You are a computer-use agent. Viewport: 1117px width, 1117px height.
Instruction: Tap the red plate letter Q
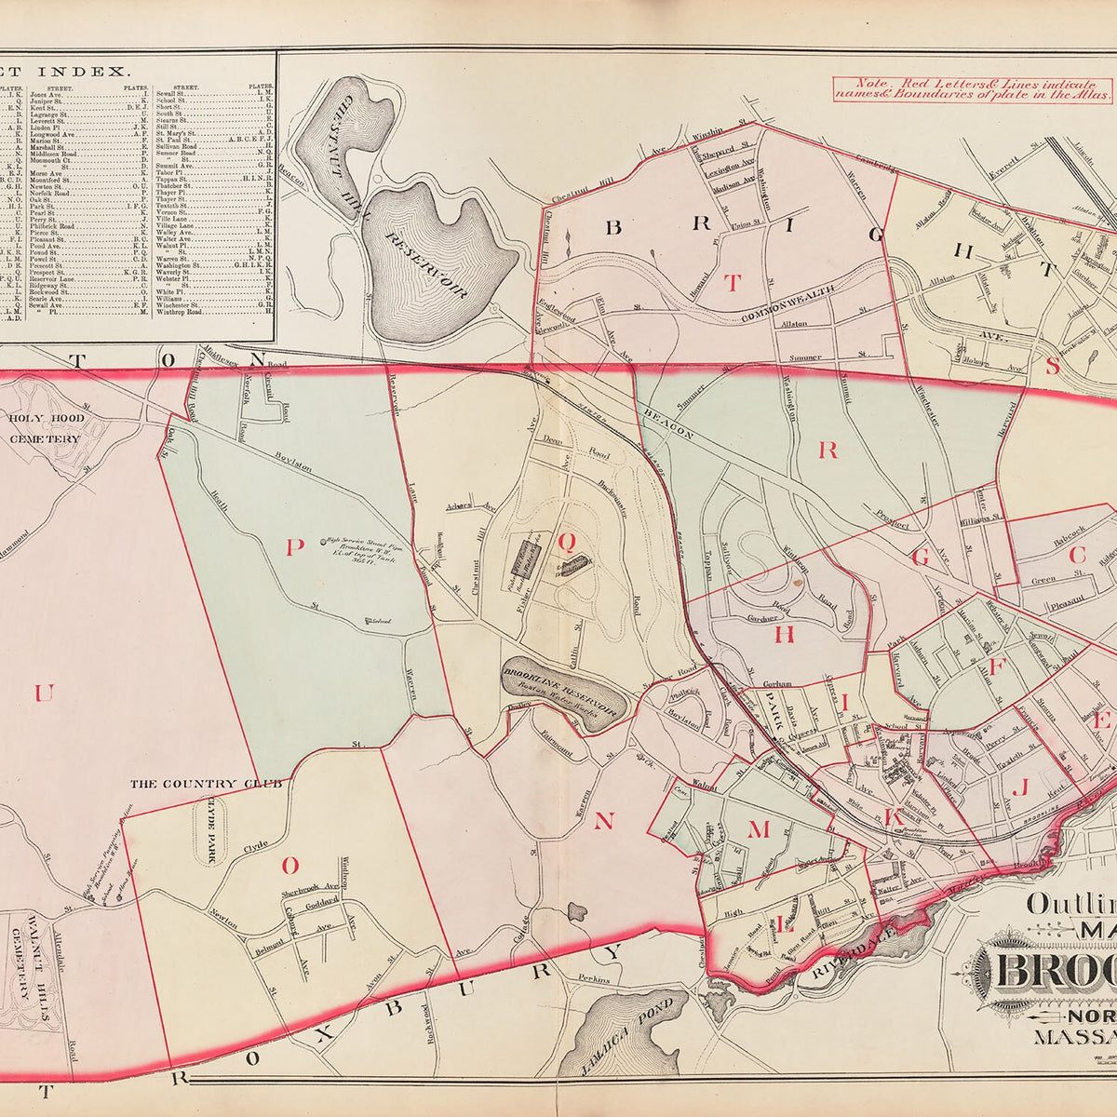(x=564, y=539)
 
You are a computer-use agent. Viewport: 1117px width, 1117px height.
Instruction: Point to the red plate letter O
(x=289, y=866)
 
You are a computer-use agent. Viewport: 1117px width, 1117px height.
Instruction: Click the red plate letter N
(x=603, y=820)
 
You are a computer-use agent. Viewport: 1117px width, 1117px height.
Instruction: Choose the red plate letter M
(x=760, y=829)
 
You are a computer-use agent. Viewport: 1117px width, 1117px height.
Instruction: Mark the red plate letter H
(x=785, y=634)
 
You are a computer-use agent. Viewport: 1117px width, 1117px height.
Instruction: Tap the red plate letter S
(x=1053, y=366)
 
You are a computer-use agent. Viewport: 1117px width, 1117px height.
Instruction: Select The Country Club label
(x=205, y=785)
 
